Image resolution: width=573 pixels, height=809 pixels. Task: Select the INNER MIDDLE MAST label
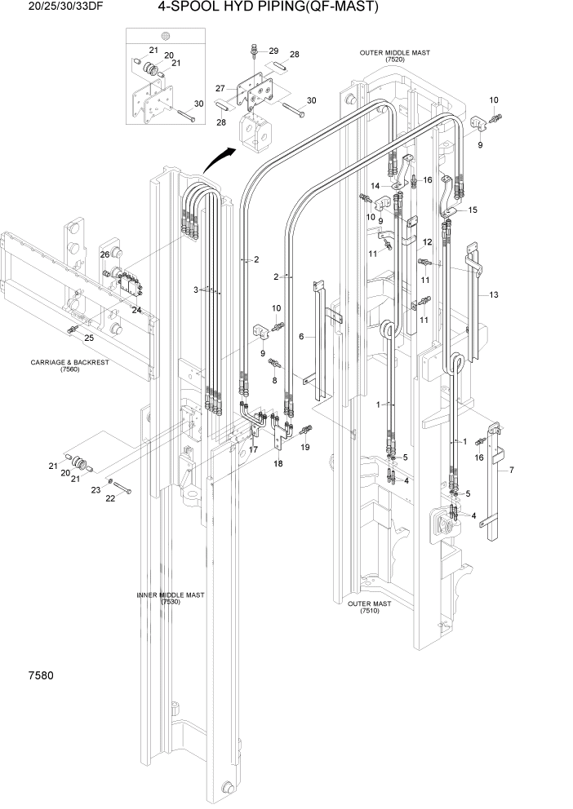click(170, 598)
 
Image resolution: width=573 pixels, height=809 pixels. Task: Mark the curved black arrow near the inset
click(218, 157)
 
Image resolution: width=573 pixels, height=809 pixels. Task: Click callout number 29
click(273, 51)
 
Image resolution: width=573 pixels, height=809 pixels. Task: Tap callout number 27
click(220, 88)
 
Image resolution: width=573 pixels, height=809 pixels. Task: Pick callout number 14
click(375, 186)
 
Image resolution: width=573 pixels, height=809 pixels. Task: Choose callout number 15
click(473, 210)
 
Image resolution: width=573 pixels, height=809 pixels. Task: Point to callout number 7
click(511, 471)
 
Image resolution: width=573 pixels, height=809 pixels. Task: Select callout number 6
click(301, 336)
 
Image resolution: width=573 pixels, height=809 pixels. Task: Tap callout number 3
click(196, 290)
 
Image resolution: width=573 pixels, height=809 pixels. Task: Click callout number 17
click(254, 449)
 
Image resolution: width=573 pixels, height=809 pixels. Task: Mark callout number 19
click(305, 448)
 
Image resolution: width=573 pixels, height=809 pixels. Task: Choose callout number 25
click(89, 338)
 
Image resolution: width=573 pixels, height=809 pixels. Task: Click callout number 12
click(426, 242)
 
